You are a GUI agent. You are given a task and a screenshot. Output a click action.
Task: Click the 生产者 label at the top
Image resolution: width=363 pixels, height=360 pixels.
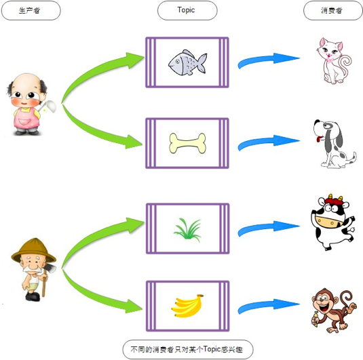[x=29, y=10]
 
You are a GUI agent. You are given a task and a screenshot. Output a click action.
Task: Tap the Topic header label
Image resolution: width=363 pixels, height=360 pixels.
[x=186, y=10]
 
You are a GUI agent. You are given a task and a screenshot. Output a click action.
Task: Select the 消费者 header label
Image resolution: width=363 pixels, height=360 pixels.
[x=332, y=10]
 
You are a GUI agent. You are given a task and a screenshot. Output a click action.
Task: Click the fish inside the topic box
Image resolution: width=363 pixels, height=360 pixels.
[x=187, y=62]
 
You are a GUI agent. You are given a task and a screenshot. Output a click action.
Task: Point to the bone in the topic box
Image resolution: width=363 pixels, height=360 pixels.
[x=187, y=143]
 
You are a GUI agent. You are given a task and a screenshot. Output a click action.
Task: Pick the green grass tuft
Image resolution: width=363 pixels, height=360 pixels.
[x=187, y=230]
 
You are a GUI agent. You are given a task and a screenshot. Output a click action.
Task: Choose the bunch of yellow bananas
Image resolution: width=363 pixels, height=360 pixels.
[x=187, y=306]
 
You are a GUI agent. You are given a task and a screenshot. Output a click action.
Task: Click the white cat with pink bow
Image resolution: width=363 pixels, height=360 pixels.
[x=334, y=60]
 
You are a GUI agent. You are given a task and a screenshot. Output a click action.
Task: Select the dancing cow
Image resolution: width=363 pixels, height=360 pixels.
[x=332, y=222]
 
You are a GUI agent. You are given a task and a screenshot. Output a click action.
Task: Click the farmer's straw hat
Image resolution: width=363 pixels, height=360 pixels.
[x=34, y=250]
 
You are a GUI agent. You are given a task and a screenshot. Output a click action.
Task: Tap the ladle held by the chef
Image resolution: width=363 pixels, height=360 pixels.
[x=49, y=107]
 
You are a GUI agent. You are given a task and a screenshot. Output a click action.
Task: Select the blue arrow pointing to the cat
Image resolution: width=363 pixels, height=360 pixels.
[x=269, y=60]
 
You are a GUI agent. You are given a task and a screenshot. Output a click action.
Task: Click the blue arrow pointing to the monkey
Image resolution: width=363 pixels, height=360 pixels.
[x=269, y=306]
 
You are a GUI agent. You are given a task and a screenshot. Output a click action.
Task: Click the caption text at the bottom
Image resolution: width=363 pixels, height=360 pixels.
[x=187, y=349]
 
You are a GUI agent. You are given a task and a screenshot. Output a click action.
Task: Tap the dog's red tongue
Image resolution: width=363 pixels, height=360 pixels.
[x=319, y=139]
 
